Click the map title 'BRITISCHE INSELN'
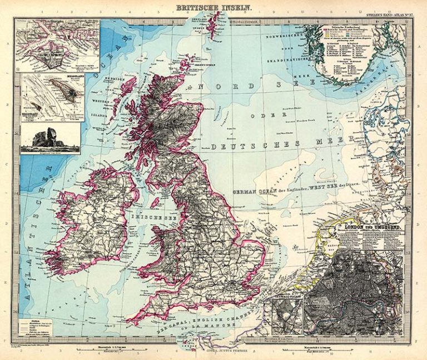(213, 8)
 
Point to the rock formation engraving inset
(50, 138)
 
